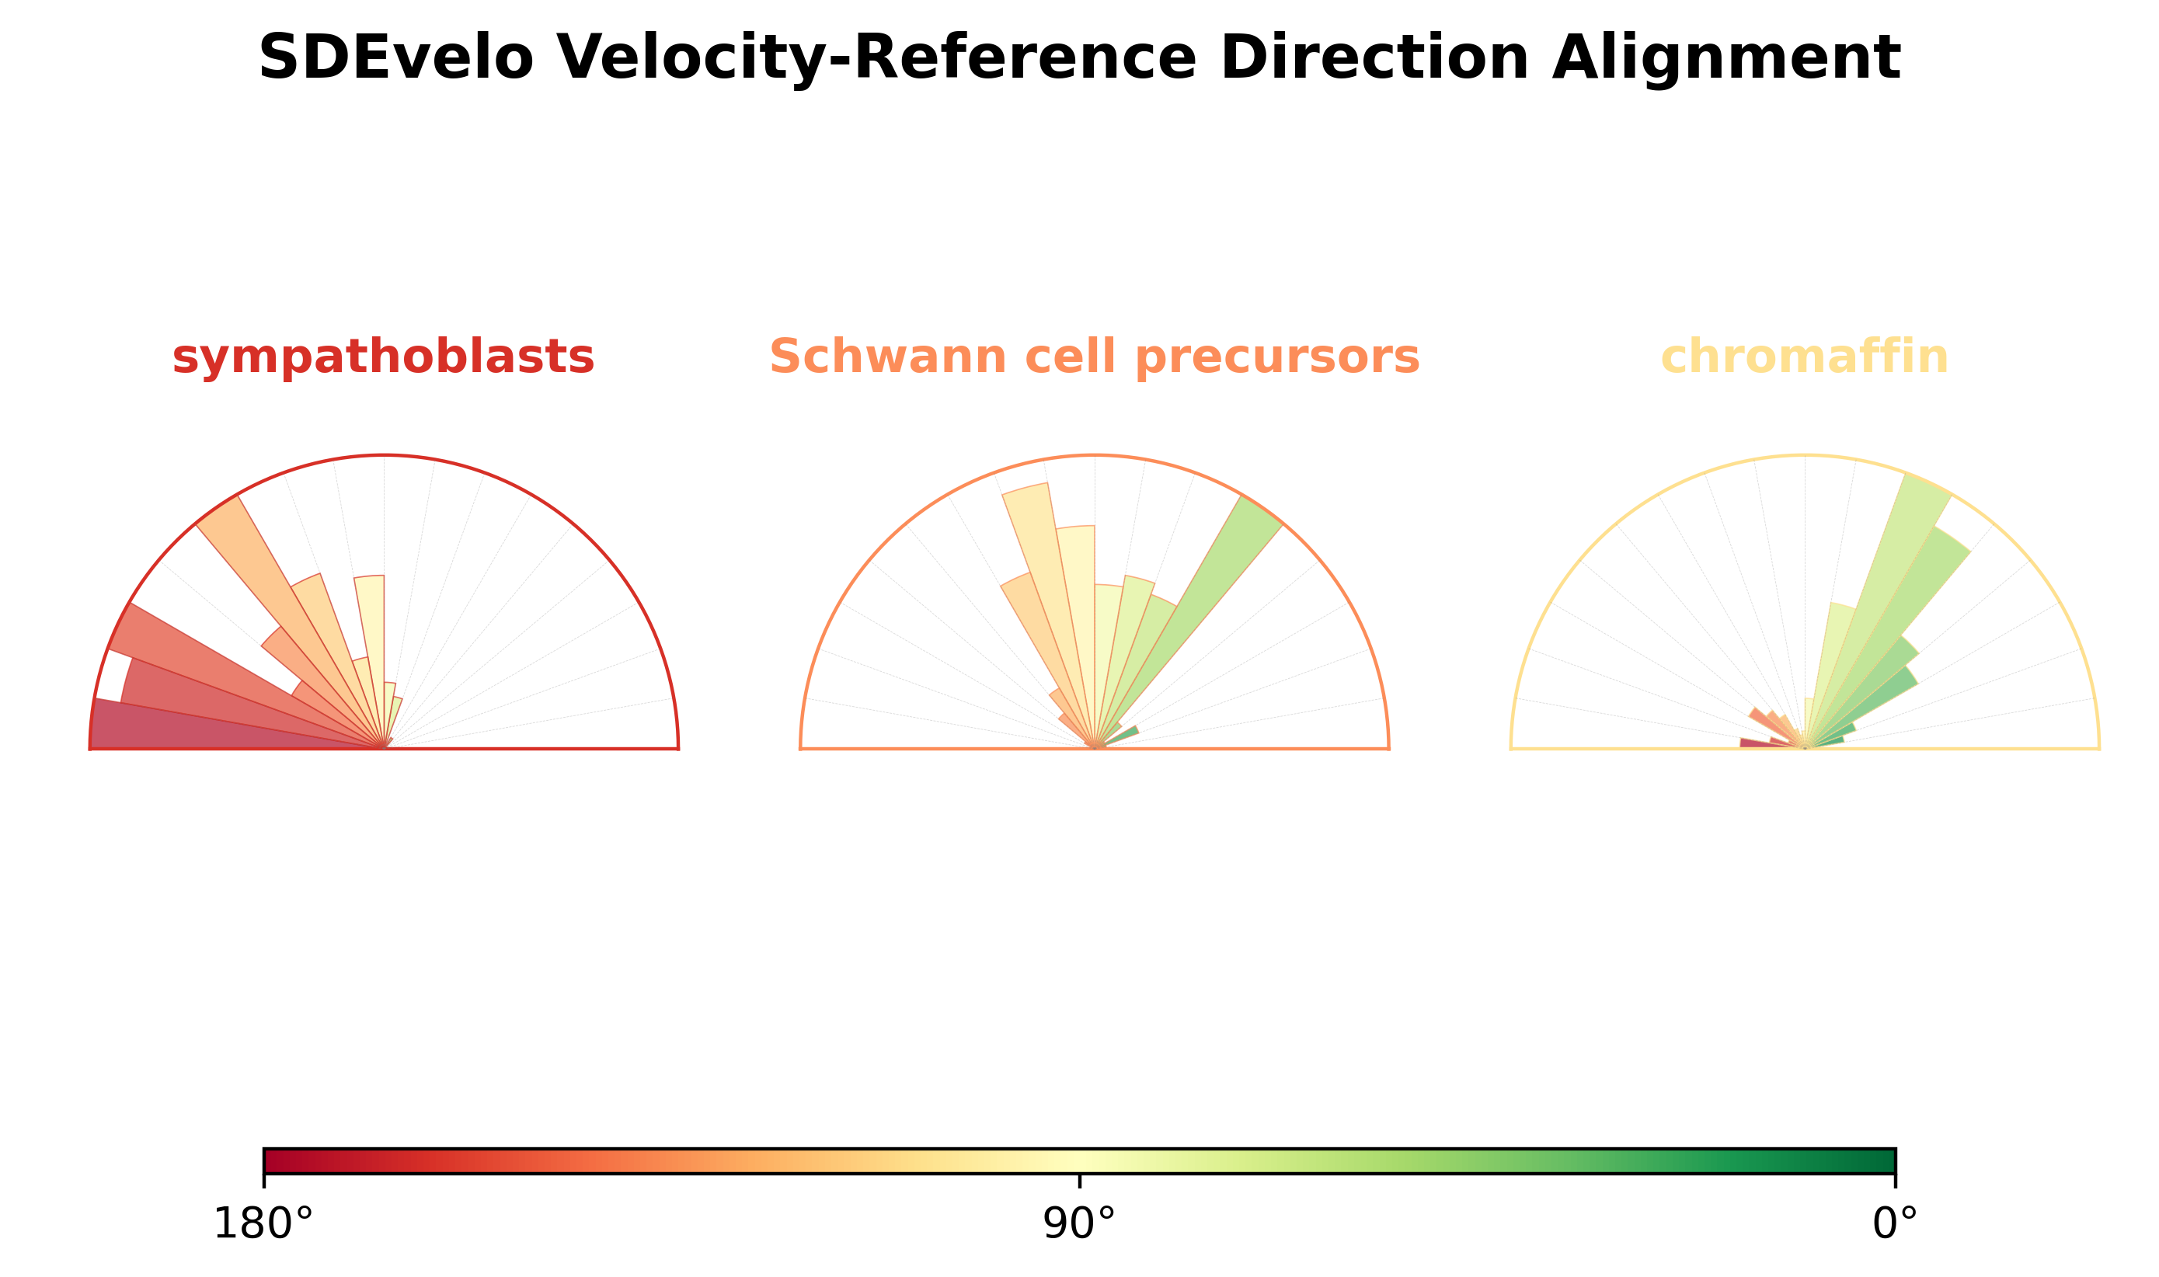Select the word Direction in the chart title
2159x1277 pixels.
pyautogui.click(x=1374, y=58)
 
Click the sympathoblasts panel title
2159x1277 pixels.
pyautogui.click(x=383, y=357)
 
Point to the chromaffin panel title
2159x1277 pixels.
pyautogui.click(x=1805, y=357)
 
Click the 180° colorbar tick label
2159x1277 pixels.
pyautogui.click(x=263, y=1223)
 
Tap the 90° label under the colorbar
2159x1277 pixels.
pyautogui.click(x=1078, y=1223)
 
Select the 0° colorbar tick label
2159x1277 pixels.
pyautogui.click(x=1895, y=1223)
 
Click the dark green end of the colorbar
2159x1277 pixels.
pyautogui.click(x=1885, y=1160)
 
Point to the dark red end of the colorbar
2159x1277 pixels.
pyautogui.click(x=275, y=1160)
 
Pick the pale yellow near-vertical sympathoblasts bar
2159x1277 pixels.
pyautogui.click(x=371, y=637)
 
